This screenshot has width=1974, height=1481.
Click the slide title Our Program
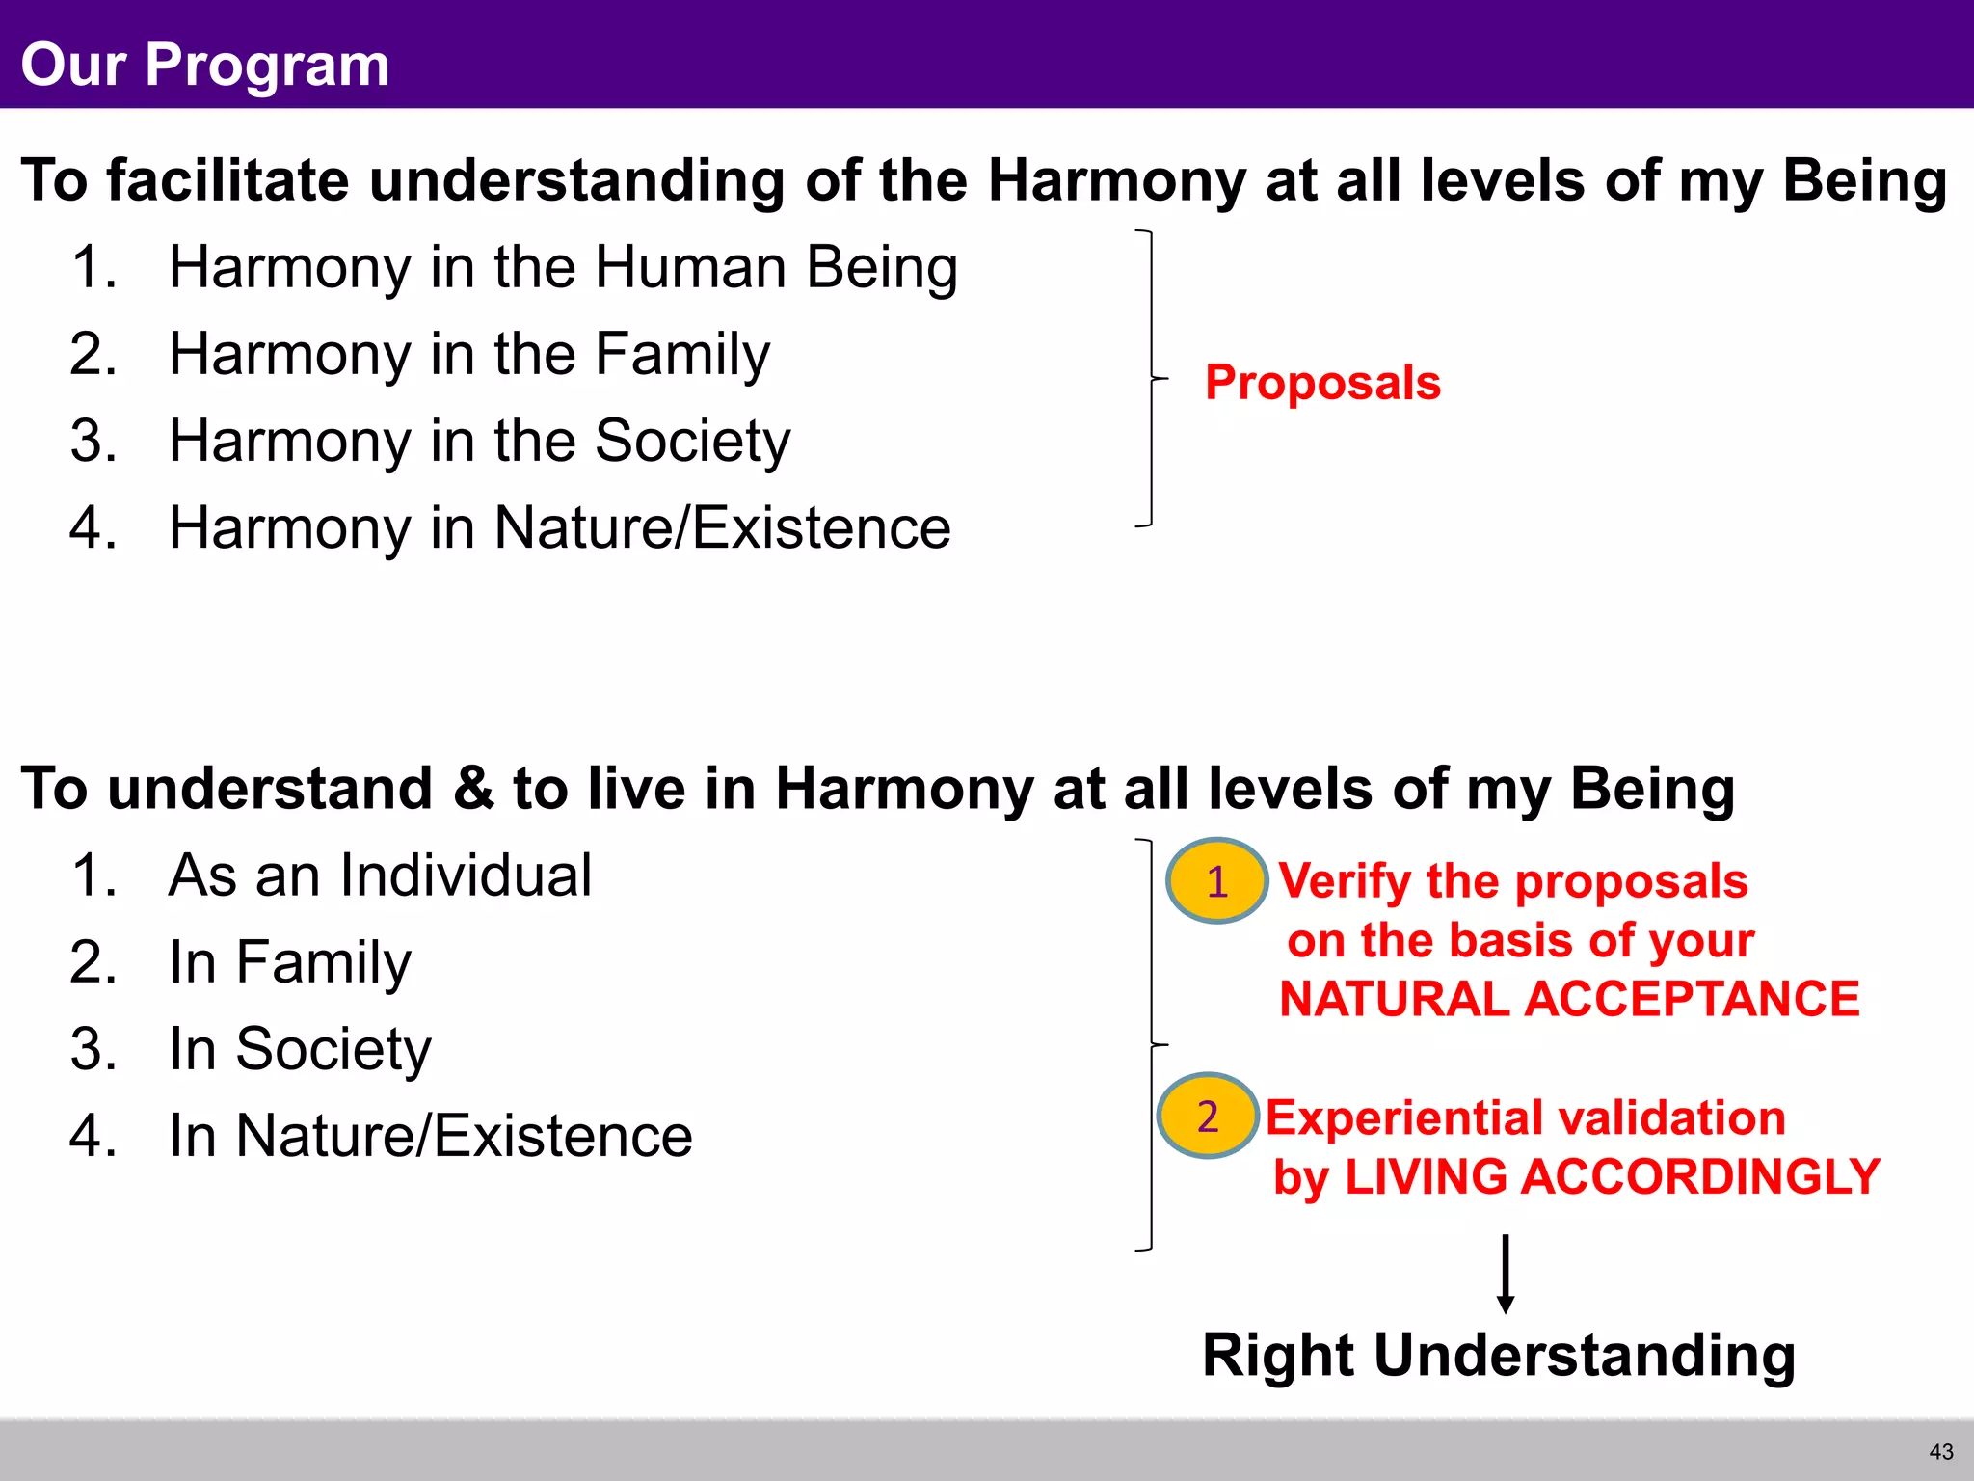204,65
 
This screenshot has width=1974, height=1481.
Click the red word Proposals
1322,383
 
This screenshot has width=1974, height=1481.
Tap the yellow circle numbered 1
1216,881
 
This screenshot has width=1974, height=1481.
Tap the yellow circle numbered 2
1208,1117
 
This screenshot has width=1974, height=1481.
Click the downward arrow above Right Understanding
1505,1273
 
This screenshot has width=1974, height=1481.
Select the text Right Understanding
1499,1356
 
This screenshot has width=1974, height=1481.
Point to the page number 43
1941,1452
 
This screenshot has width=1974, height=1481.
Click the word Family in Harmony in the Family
682,355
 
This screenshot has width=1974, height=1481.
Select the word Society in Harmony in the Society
692,442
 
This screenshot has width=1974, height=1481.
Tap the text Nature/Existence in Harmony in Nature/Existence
722,528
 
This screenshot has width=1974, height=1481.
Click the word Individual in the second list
466,875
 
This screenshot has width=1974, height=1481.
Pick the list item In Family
289,962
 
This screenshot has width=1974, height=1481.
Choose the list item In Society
299,1049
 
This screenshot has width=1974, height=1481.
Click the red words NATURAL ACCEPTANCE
1569,999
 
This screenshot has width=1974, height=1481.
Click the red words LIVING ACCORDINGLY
1613,1177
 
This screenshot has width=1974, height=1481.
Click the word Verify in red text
1346,881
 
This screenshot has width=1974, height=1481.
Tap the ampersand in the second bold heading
472,789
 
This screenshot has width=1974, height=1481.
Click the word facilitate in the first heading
228,180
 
